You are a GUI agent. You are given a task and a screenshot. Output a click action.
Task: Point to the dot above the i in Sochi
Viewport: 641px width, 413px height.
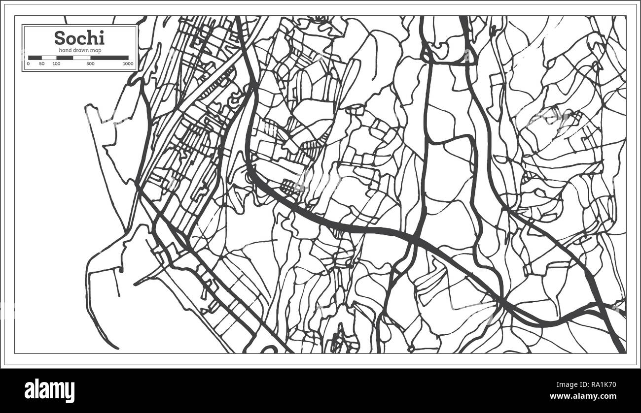click(x=102, y=32)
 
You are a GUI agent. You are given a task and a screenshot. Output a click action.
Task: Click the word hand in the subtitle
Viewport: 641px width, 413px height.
click(x=65, y=50)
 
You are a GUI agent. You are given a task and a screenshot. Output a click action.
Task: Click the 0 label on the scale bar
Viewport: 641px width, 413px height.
click(x=28, y=64)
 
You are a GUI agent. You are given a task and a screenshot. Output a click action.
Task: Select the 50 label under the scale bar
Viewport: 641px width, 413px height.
click(x=42, y=64)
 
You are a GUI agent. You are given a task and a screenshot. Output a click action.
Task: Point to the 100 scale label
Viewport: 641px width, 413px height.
click(x=56, y=64)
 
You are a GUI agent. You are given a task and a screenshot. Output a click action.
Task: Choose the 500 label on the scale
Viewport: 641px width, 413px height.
click(x=90, y=64)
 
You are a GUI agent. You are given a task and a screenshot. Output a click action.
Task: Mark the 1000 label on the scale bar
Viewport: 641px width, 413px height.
click(x=128, y=64)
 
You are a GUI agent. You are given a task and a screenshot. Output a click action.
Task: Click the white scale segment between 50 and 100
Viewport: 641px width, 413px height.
click(x=49, y=58)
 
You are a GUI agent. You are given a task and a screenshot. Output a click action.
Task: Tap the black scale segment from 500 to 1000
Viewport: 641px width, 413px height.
click(x=109, y=58)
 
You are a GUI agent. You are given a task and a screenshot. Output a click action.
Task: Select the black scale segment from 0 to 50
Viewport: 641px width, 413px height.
click(x=35, y=58)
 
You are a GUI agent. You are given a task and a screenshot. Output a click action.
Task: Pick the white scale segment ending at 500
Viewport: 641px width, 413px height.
click(x=82, y=58)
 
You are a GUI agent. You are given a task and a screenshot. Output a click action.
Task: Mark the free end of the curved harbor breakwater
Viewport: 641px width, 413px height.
click(x=118, y=348)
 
